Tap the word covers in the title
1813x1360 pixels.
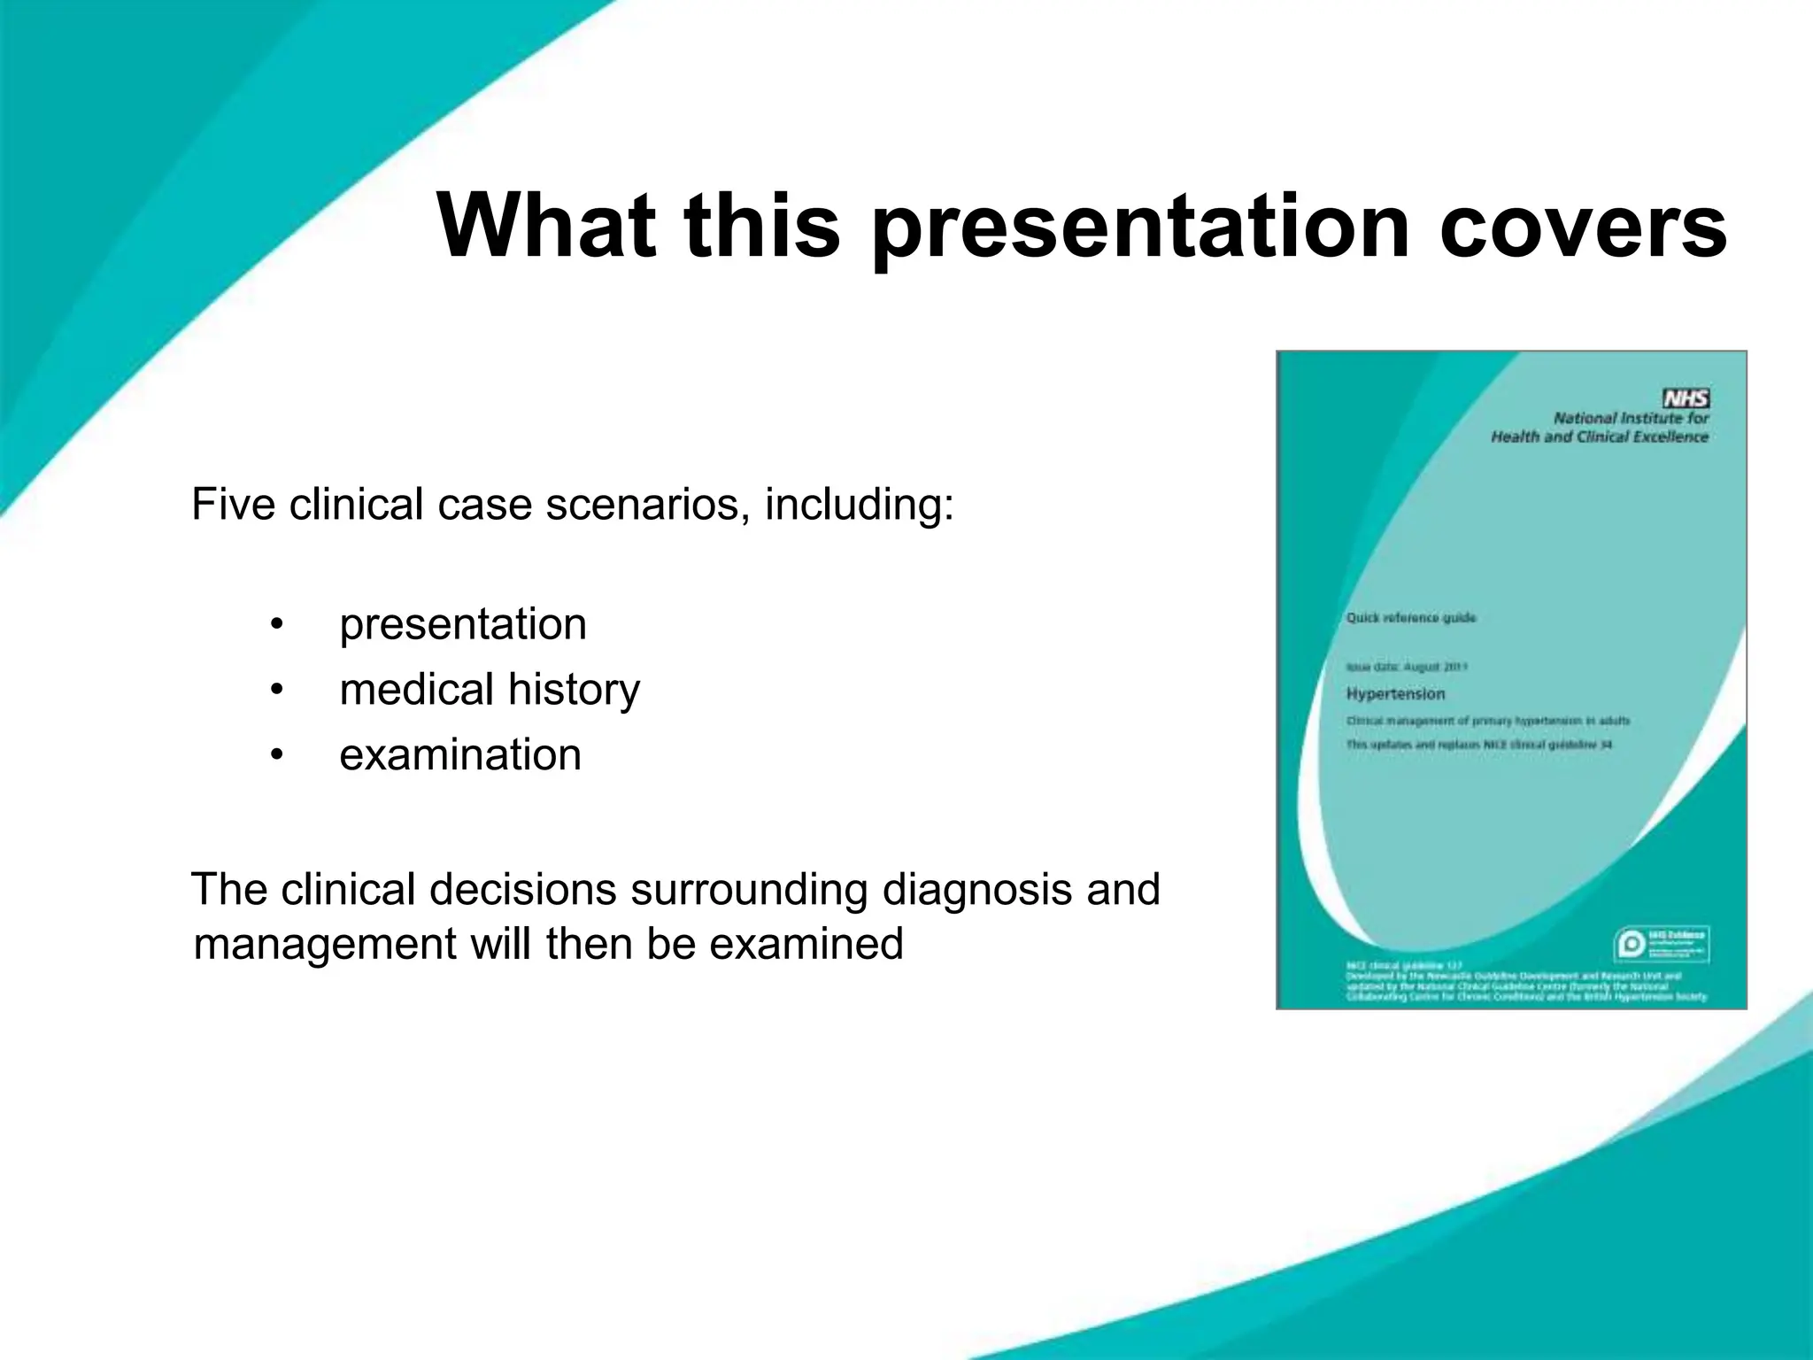click(x=1582, y=227)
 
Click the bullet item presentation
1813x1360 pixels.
click(x=463, y=624)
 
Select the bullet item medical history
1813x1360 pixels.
click(x=490, y=690)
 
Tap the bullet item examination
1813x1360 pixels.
click(x=460, y=755)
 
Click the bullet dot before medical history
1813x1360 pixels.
click(x=277, y=690)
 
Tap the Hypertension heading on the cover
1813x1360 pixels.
click(x=1395, y=694)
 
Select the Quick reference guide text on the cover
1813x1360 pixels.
click(x=1411, y=618)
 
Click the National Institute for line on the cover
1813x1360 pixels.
click(x=1631, y=418)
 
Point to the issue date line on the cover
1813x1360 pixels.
click(x=1408, y=667)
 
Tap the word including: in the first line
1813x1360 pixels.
click(x=859, y=505)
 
